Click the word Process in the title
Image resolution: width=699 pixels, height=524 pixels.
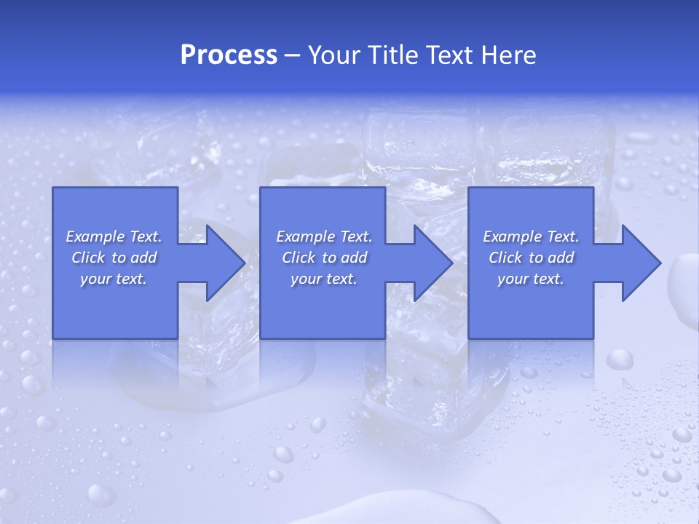point(229,55)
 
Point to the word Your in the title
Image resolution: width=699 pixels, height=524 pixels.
point(333,55)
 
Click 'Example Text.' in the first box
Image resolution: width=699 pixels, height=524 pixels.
point(114,237)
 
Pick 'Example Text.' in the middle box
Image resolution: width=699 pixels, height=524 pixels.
point(324,237)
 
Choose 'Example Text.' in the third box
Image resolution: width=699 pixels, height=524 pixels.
point(531,237)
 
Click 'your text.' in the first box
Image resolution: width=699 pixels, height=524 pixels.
point(114,279)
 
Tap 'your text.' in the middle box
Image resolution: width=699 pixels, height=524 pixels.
point(324,279)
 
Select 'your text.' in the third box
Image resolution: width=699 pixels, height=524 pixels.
point(531,279)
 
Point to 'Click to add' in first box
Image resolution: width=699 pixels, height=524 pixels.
point(114,258)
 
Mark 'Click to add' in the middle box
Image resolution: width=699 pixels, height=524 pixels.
point(324,258)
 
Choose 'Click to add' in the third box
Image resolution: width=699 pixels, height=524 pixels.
point(531,258)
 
